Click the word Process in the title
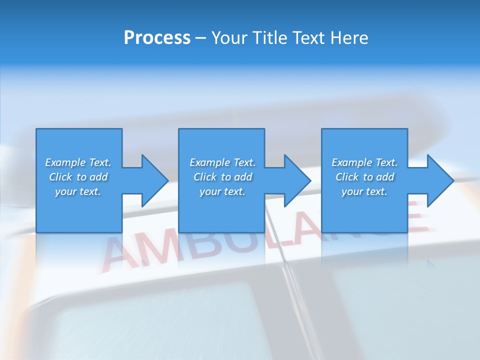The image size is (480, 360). point(157,38)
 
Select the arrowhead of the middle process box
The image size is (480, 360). point(296,181)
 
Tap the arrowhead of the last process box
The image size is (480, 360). point(439,181)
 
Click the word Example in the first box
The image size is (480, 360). point(65,162)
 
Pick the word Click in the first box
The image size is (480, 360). point(60,177)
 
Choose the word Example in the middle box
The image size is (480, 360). point(209,162)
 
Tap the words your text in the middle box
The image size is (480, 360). point(222,191)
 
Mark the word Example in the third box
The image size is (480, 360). point(351,162)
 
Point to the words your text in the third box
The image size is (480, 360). point(364,191)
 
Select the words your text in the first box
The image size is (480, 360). point(78,191)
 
